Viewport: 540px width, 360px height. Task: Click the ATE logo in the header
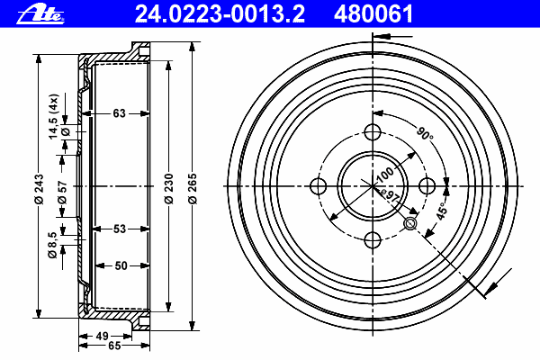tap(40, 14)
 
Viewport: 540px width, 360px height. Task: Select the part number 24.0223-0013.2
tap(220, 14)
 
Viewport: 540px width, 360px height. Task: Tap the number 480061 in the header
tap(373, 14)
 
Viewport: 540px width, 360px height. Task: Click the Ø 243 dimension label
tap(39, 189)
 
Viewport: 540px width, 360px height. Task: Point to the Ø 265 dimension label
tap(193, 189)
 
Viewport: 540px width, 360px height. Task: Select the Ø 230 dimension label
tap(169, 189)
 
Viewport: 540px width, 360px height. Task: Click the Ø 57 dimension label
tap(62, 193)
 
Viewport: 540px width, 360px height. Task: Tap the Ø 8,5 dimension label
tap(52, 245)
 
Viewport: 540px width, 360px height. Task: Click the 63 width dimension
tap(119, 113)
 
